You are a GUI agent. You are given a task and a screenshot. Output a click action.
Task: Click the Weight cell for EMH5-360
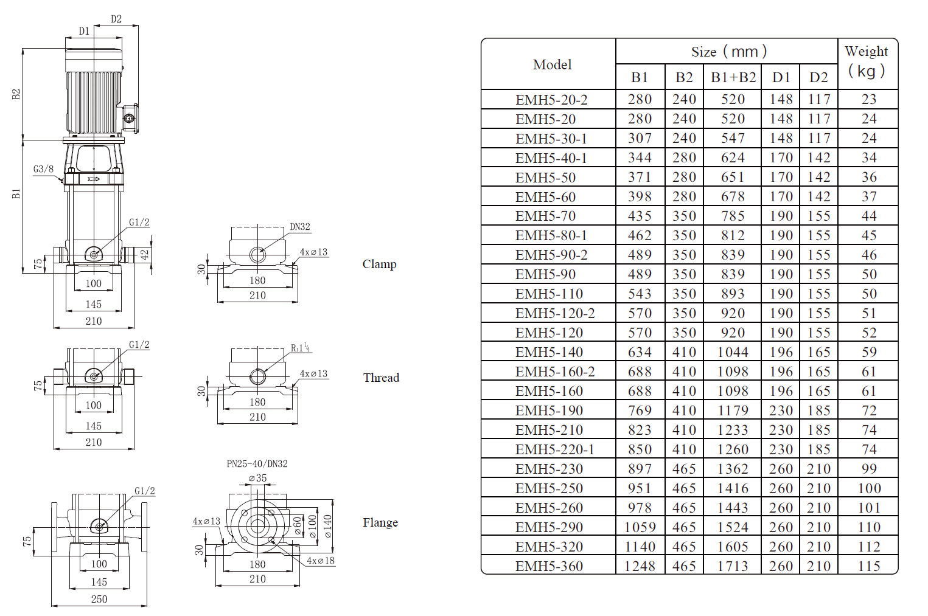(868, 566)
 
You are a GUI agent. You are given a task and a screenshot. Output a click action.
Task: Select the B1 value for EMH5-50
(640, 177)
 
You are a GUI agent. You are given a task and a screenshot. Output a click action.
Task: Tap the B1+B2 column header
(733, 77)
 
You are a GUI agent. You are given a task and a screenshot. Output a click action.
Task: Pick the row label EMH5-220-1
(554, 449)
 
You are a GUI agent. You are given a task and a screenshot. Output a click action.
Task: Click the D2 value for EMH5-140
(818, 352)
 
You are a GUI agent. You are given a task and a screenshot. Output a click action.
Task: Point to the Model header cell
(551, 64)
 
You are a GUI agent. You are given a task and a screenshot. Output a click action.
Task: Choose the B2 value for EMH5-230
(684, 469)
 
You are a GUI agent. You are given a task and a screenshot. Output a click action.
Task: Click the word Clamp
(379, 264)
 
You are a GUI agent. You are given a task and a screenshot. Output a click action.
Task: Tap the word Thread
(381, 378)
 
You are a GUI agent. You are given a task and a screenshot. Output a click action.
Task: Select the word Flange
(380, 522)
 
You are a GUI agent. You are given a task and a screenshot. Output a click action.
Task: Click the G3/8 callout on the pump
(43, 169)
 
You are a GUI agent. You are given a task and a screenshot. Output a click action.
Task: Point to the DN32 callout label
(300, 227)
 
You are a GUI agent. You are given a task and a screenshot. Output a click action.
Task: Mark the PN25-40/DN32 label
(257, 464)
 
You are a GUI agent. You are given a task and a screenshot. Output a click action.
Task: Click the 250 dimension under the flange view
(99, 599)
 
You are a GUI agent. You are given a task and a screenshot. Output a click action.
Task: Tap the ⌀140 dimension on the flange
(327, 526)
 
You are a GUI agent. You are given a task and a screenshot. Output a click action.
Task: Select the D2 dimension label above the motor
(116, 19)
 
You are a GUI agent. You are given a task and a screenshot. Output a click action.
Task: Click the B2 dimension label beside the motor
(16, 94)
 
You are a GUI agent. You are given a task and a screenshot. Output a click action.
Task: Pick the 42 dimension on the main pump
(144, 255)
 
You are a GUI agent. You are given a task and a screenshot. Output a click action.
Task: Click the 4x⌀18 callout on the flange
(320, 561)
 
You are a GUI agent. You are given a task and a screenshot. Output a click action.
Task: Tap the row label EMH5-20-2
(551, 100)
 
